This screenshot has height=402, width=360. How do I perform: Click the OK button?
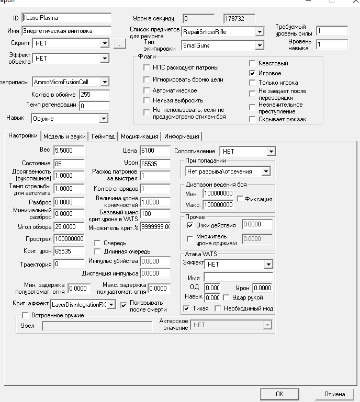pos(279,394)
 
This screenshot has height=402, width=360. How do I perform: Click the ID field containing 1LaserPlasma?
pos(66,18)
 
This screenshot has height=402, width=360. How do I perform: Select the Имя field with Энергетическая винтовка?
pos(66,31)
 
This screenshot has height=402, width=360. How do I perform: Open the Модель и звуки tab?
pos(64,136)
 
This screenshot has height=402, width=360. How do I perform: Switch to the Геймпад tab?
pos(103,136)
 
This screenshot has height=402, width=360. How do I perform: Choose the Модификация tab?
pos(139,136)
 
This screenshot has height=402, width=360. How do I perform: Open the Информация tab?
pos(182,136)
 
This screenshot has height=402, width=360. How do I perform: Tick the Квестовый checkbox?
pos(252,63)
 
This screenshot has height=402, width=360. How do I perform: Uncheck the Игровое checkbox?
pos(252,73)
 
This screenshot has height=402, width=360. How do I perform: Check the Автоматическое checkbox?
pos(147,90)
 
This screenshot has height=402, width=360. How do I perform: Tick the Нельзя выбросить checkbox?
pos(147,100)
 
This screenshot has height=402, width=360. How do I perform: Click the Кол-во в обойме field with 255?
pos(94,95)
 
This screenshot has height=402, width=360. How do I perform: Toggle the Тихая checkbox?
pos(187,308)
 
